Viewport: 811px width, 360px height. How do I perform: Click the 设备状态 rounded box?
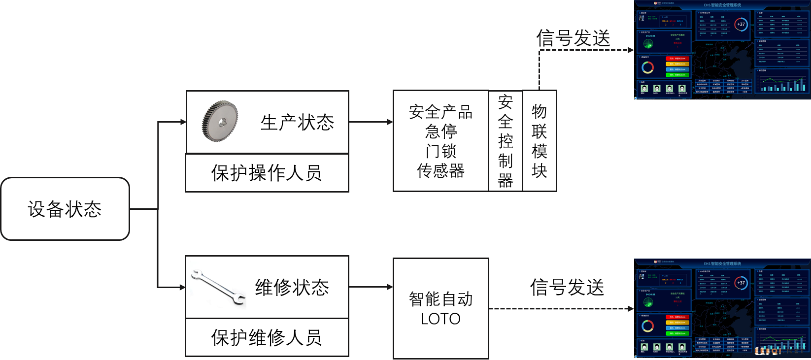[65, 209]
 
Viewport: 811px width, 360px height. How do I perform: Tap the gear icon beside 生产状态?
[220, 121]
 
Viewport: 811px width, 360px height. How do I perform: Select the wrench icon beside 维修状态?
[218, 287]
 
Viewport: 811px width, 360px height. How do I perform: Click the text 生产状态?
[297, 123]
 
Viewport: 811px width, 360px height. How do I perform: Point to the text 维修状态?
[292, 288]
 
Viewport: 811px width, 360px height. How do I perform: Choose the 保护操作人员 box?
[267, 173]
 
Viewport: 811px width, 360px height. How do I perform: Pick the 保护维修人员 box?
[267, 338]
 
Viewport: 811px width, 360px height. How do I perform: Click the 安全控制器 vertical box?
[505, 141]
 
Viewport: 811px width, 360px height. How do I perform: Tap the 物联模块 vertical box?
[539, 141]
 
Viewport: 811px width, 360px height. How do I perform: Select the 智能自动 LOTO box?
[440, 309]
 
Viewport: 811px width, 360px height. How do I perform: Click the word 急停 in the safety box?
[441, 131]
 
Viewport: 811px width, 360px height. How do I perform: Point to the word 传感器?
[440, 171]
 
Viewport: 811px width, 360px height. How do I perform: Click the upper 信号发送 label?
[573, 38]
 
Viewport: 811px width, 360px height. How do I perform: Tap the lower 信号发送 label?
[567, 288]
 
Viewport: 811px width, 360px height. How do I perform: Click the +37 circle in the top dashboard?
[741, 24]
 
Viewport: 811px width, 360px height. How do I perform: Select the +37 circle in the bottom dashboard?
[741, 283]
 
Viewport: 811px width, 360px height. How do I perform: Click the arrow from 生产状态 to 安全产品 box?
[371, 122]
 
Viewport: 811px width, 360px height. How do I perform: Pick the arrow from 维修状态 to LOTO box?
[371, 287]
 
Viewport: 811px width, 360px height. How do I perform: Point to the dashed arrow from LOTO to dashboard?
[561, 309]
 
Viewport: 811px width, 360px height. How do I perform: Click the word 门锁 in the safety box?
[441, 151]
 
